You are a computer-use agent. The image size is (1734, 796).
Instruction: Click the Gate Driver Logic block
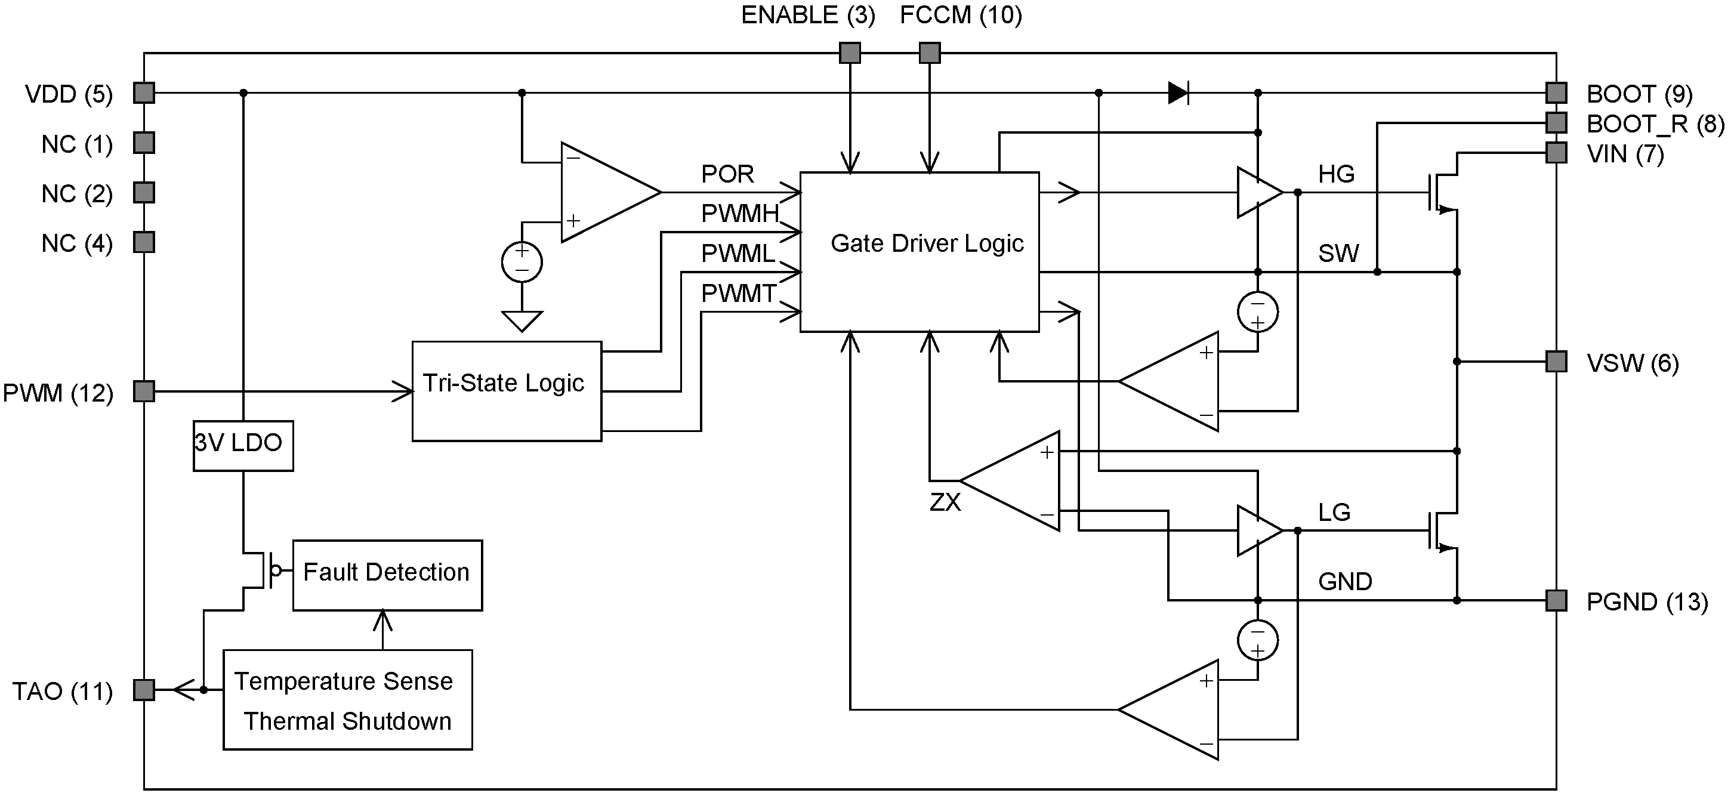pyautogui.click(x=919, y=252)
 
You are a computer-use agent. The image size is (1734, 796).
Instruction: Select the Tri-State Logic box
pyautogui.click(x=506, y=391)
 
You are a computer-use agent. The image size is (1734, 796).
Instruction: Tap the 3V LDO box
pyautogui.click(x=243, y=445)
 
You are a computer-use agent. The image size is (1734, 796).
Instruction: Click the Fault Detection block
pyautogui.click(x=387, y=575)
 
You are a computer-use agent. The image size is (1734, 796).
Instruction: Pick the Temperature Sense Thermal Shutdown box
pyautogui.click(x=347, y=700)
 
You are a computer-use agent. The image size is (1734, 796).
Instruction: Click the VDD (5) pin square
pyautogui.click(x=144, y=93)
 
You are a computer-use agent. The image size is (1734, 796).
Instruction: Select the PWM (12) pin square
pyautogui.click(x=144, y=391)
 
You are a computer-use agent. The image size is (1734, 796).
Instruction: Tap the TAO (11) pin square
pyautogui.click(x=144, y=690)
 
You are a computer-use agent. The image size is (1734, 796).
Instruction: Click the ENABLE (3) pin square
pyautogui.click(x=850, y=53)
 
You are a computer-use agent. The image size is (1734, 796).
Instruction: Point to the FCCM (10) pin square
pyautogui.click(x=930, y=53)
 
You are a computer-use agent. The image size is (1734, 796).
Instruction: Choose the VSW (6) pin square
pyautogui.click(x=1556, y=362)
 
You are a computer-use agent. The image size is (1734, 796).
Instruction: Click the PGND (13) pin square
pyautogui.click(x=1556, y=600)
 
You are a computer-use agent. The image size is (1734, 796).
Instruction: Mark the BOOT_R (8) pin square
pyautogui.click(x=1556, y=122)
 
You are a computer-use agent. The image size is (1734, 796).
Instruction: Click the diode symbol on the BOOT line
pyautogui.click(x=1178, y=93)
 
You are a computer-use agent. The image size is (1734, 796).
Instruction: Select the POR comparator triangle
pyautogui.click(x=603, y=193)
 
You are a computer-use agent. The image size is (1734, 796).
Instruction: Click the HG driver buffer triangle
pyautogui.click(x=1257, y=193)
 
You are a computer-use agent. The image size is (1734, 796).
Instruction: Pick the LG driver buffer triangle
pyautogui.click(x=1257, y=531)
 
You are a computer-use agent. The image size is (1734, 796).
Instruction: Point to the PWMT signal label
pyautogui.click(x=739, y=294)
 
